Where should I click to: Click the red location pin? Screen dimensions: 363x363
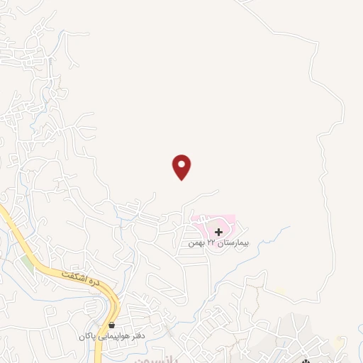pyautogui.click(x=182, y=167)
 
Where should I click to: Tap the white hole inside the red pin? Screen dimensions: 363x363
pyautogui.click(x=182, y=164)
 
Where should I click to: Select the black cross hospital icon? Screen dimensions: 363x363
pyautogui.click(x=218, y=231)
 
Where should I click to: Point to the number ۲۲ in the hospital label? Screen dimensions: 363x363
pyautogui.click(x=211, y=243)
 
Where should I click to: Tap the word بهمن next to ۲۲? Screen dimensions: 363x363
pyautogui.click(x=196, y=243)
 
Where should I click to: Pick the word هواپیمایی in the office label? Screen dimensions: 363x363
pyautogui.click(x=113, y=335)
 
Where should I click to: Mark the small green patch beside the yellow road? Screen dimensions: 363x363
pyautogui.click(x=27, y=264)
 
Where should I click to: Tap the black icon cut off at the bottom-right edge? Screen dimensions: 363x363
pyautogui.click(x=306, y=360)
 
